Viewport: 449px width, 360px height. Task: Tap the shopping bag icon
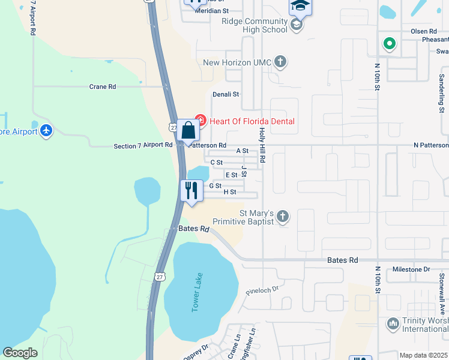188,130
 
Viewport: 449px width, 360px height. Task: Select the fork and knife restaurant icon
191,191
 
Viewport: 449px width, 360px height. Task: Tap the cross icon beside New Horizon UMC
280,61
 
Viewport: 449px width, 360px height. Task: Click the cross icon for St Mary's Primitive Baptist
283,216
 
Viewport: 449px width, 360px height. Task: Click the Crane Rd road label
102,86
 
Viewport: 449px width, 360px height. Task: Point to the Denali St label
226,94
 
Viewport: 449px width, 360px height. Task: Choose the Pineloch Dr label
263,289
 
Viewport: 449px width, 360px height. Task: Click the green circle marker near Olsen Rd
390,43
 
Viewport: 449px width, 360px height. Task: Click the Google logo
20,353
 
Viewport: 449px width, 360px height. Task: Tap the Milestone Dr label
411,270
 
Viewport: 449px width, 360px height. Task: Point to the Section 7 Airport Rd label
143,146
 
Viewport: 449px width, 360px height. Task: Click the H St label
230,192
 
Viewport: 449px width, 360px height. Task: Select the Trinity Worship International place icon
393,323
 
